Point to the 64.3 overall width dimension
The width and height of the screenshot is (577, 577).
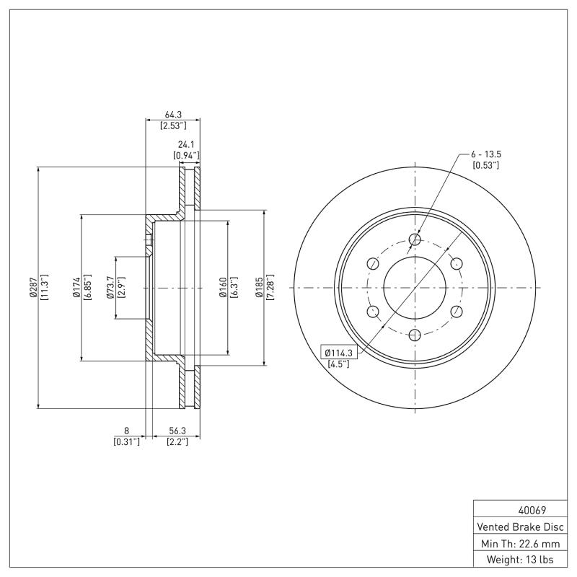[x=173, y=113]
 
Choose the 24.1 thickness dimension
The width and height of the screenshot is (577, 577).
[x=186, y=144]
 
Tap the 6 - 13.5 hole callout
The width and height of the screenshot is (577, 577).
[x=485, y=154]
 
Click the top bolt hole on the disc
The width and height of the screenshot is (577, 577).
[x=415, y=240]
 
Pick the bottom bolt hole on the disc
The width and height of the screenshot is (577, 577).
[x=415, y=335]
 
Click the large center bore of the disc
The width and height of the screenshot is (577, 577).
[x=415, y=288]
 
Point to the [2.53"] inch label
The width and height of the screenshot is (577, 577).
[x=173, y=125]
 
